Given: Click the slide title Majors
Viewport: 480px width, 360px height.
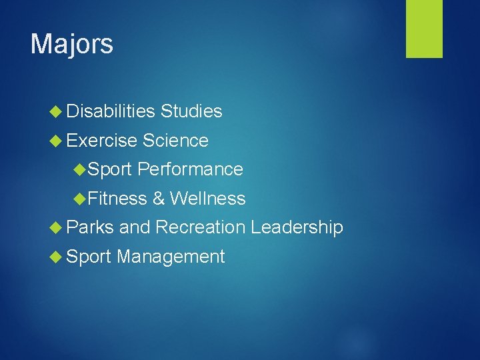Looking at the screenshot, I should [72, 45].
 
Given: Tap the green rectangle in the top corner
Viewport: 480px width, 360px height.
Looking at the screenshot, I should [425, 29].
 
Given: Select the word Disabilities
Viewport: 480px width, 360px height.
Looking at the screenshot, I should [111, 111].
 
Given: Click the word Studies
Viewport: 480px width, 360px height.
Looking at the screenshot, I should [191, 111].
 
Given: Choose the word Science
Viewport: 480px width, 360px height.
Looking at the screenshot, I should [175, 141].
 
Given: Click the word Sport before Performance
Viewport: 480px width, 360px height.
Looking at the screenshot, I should [110, 170].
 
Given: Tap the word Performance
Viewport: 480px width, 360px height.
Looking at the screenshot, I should [191, 170].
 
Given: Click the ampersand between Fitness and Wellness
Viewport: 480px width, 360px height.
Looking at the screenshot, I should [159, 199].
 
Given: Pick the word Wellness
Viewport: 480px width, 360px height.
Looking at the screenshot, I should [207, 199].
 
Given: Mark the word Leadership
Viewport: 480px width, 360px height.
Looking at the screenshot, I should [297, 227].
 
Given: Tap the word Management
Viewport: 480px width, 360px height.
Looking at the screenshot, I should [171, 257].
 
